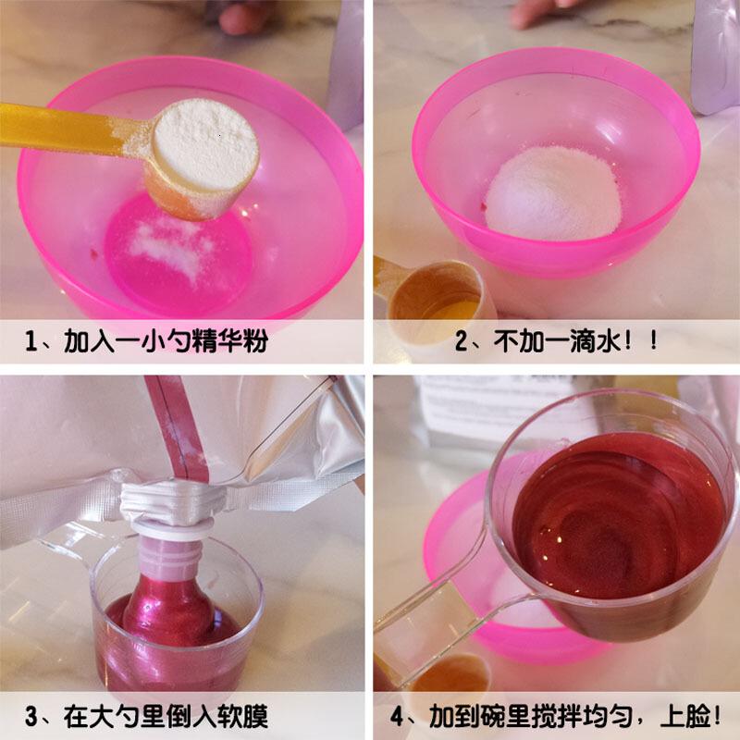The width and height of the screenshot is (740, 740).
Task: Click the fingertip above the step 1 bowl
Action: (240, 18)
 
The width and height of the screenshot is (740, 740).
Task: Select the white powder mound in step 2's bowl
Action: (553, 192)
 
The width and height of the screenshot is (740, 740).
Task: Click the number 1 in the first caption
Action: (31, 341)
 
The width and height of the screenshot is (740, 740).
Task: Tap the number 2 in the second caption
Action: (461, 341)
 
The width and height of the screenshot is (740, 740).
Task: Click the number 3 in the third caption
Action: (31, 716)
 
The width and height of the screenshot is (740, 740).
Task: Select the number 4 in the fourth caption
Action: (397, 716)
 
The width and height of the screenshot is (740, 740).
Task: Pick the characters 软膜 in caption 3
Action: (243, 716)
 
